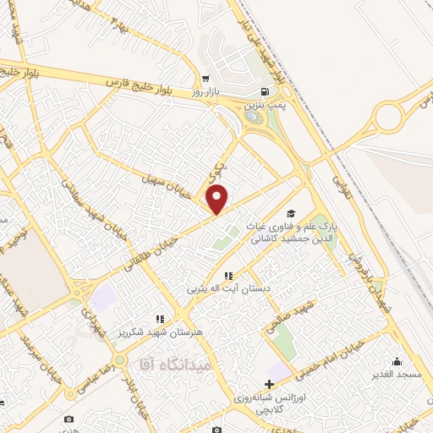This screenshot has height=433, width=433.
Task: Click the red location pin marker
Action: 218,198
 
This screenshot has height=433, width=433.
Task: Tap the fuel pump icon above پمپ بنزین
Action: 266,92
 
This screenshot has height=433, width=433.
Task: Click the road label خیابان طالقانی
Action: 166,244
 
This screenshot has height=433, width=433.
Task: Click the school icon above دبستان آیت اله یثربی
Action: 227,276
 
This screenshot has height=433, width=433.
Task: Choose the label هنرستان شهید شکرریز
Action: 160,333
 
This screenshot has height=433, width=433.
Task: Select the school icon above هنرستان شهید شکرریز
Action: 159,320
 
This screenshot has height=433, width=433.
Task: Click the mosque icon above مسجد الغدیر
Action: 397,362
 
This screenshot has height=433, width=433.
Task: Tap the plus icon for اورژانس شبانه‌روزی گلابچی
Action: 269,385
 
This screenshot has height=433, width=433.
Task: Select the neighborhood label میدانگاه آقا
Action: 168,364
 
